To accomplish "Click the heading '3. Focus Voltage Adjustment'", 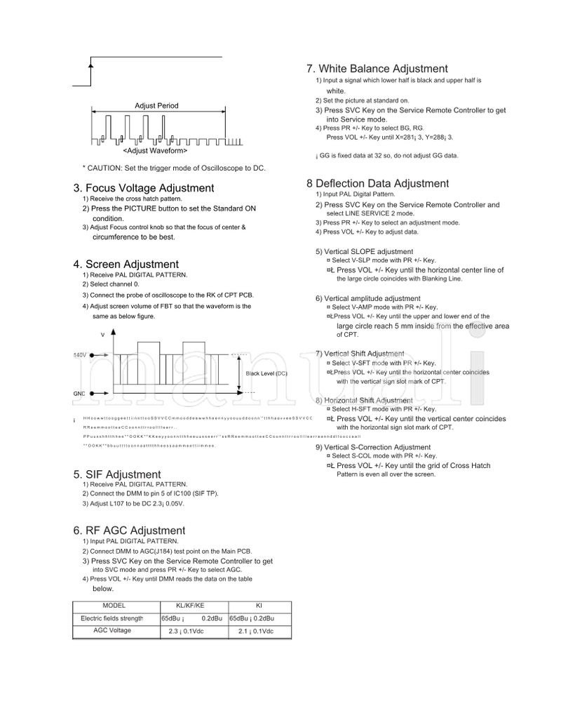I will (x=143, y=188).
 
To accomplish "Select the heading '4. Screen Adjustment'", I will (x=126, y=265).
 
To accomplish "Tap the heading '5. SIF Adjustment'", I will (x=116, y=475).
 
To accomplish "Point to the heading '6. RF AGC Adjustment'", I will (x=129, y=531).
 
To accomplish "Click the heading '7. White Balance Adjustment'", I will (x=377, y=69).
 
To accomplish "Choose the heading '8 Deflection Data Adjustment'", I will (x=377, y=184).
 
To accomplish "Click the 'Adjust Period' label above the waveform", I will (x=156, y=106).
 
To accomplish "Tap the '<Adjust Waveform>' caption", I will (x=155, y=151).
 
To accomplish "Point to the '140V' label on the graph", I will (x=81, y=356).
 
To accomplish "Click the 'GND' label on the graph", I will (x=79, y=394).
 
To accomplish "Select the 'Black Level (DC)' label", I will (x=266, y=373).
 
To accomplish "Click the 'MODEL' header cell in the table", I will (x=114, y=605).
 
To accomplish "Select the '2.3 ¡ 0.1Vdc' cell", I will (x=186, y=632).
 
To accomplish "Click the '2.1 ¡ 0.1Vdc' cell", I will (x=256, y=632).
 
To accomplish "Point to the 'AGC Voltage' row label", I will (x=112, y=631).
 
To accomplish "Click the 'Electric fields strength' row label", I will (x=112, y=618).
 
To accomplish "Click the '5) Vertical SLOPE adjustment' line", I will (x=364, y=251).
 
